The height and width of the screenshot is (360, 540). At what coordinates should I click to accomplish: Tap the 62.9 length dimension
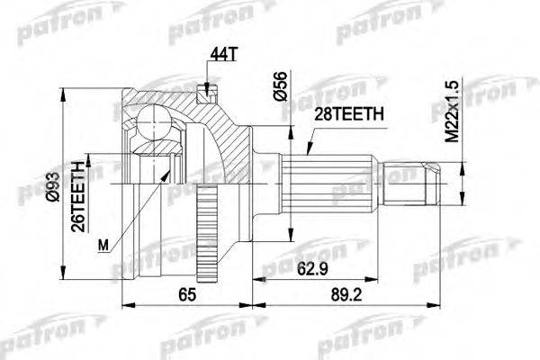[310, 266]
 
